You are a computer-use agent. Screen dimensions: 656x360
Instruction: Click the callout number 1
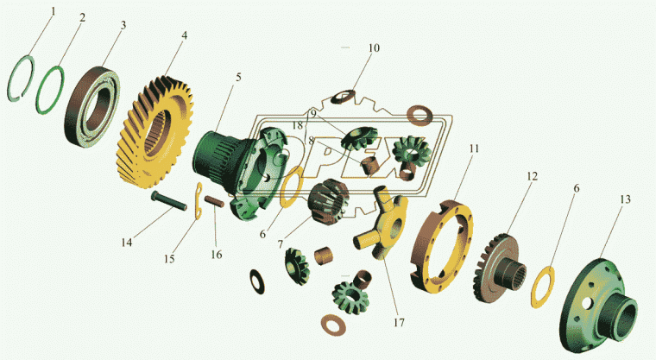tap(53, 12)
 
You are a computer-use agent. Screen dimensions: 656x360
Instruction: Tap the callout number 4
tap(184, 35)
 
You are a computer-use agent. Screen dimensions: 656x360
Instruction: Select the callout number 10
tap(374, 48)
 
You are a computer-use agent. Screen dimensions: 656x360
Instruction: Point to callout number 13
tap(625, 199)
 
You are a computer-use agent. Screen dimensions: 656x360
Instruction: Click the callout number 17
tap(399, 323)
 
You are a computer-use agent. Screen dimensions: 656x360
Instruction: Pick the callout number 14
tap(127, 243)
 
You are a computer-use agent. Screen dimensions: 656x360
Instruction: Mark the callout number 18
tap(297, 125)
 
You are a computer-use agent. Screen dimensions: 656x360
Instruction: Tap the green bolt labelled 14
tap(169, 201)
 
